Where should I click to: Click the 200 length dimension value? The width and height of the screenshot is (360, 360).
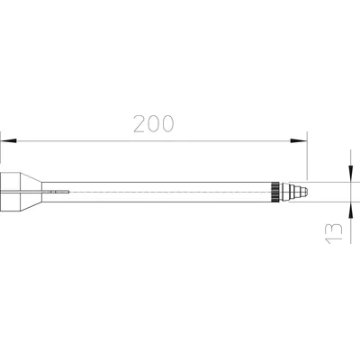(x=153, y=125)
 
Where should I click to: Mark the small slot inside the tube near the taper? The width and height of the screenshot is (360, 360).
(x=60, y=192)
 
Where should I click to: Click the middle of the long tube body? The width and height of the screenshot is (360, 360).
(x=162, y=192)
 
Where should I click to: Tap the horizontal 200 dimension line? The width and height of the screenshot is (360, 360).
(x=153, y=140)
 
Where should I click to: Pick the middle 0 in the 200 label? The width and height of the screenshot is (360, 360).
(x=153, y=125)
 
